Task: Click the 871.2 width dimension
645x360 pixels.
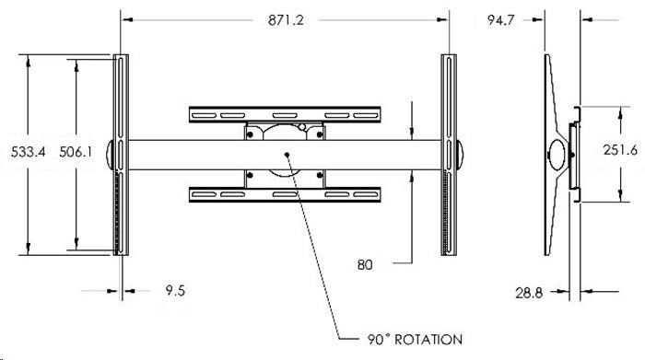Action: (286, 19)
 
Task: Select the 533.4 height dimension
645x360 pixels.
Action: (28, 152)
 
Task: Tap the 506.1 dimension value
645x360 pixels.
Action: (76, 152)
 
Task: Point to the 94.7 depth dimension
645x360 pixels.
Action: (500, 19)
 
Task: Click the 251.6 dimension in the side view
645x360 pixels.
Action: (620, 149)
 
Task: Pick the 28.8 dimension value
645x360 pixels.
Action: (529, 293)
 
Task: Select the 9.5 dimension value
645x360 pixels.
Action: (175, 291)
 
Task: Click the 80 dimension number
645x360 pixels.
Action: (365, 264)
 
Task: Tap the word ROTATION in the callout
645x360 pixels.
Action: (428, 340)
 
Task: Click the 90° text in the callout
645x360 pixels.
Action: (378, 340)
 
